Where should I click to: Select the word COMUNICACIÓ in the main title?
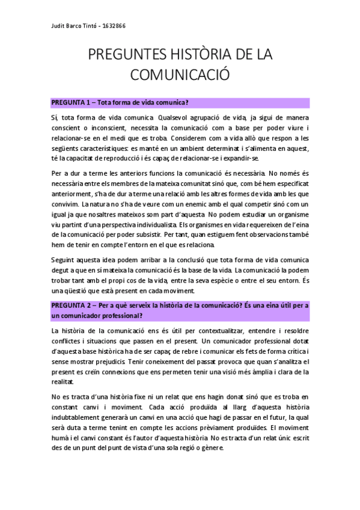click(180, 75)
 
